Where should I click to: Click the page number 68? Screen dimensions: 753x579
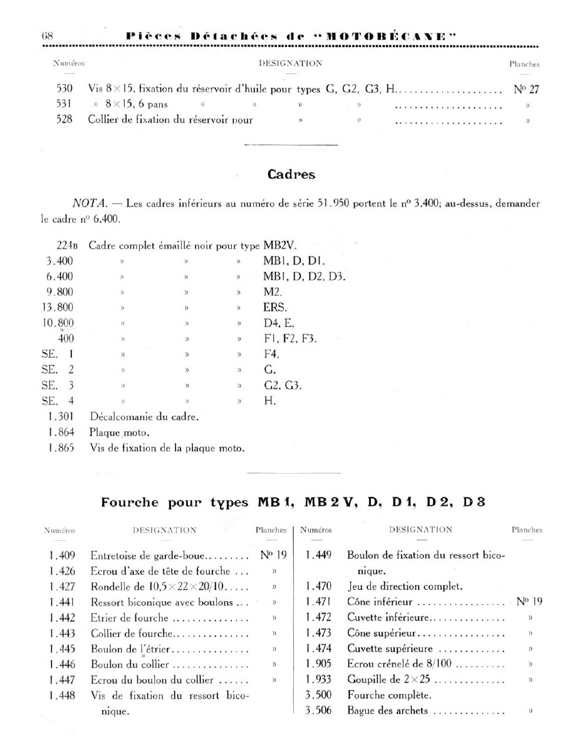(x=47, y=36)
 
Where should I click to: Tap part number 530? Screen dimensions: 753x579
(x=65, y=88)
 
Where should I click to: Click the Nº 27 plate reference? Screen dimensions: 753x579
(x=526, y=88)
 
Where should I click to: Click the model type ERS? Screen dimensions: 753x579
(x=275, y=307)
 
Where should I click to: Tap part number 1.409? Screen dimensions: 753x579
(x=62, y=555)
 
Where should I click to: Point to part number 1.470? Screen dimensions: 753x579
(x=319, y=587)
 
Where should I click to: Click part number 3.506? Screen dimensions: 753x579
(x=318, y=711)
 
